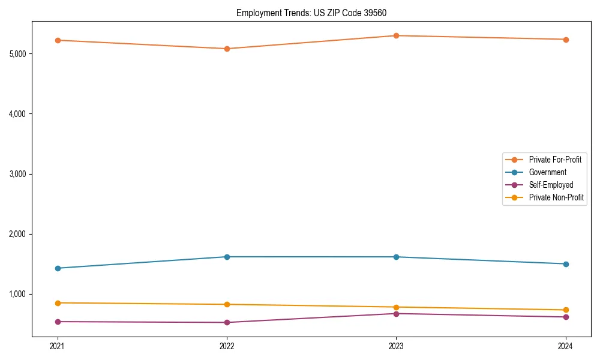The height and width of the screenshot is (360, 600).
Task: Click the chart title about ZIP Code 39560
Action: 316,13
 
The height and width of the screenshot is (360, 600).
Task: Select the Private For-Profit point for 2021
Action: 58,40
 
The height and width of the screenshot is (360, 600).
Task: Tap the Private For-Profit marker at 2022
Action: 227,49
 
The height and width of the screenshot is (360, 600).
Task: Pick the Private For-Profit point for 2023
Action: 396,35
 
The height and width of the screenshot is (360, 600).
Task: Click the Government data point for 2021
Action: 58,268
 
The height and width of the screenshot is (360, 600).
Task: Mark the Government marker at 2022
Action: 227,257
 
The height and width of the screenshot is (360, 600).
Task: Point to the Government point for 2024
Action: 565,264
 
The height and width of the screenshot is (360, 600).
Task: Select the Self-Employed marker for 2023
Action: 396,314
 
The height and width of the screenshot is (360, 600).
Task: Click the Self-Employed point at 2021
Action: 58,322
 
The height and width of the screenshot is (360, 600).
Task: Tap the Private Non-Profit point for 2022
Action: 227,304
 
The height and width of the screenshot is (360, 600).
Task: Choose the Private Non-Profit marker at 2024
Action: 565,310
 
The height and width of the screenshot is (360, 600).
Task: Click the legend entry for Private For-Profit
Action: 554,160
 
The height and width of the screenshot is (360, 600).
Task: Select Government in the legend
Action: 547,172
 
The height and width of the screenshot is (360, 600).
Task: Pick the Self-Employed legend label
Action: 551,185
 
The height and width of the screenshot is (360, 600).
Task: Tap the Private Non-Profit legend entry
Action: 556,197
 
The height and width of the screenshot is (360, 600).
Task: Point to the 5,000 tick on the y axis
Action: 18,54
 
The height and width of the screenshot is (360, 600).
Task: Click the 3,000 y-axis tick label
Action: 18,174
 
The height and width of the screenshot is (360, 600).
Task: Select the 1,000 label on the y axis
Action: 18,294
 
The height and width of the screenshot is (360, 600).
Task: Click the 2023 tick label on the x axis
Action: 396,346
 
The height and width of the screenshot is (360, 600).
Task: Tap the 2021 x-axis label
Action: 58,346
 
